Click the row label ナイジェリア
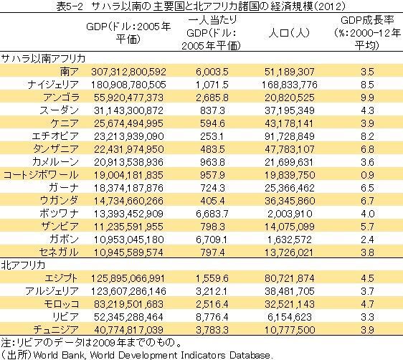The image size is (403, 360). coord(53,85)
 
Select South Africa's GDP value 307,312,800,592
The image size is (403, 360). coord(128,72)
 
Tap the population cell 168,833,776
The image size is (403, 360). coord(290,85)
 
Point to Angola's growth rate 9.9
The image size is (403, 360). coord(367,98)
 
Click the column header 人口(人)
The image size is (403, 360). coord(289,33)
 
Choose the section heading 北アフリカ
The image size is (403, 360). coord(23,265)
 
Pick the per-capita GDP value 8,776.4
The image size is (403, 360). coord(212,317)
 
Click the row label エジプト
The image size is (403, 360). coord(61,278)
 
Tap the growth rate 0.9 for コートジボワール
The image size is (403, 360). coord(367,175)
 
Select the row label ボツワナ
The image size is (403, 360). coord(59,214)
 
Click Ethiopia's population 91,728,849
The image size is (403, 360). coord(290,136)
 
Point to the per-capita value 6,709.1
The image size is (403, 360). coord(212,240)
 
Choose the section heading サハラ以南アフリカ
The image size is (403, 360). coord(43,59)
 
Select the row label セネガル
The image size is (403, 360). coord(59,252)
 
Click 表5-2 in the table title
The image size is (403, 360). coord(70,6)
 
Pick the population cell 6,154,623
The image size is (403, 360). coord(290,317)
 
